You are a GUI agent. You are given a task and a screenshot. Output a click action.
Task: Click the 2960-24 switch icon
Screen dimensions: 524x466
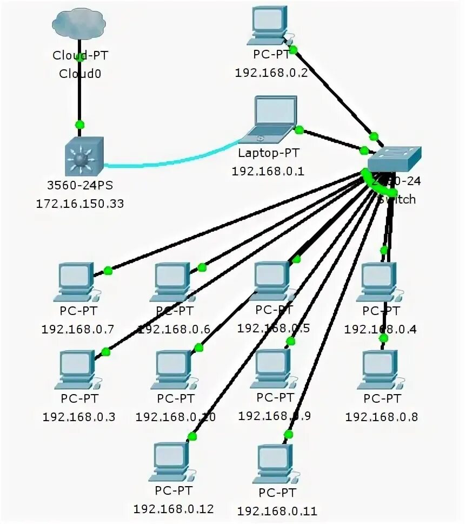(x=393, y=160)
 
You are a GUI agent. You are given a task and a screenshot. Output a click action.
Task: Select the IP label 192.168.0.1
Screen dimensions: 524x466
(x=268, y=171)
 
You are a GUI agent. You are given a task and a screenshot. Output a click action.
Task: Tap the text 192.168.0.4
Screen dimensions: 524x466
(x=381, y=329)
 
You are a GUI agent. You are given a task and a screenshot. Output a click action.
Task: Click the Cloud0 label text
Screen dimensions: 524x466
(x=79, y=73)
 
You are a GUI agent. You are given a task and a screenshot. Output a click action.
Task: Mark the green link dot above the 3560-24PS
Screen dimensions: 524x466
(x=80, y=125)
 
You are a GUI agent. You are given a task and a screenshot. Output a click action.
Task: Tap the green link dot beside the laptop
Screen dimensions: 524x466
(x=299, y=129)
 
